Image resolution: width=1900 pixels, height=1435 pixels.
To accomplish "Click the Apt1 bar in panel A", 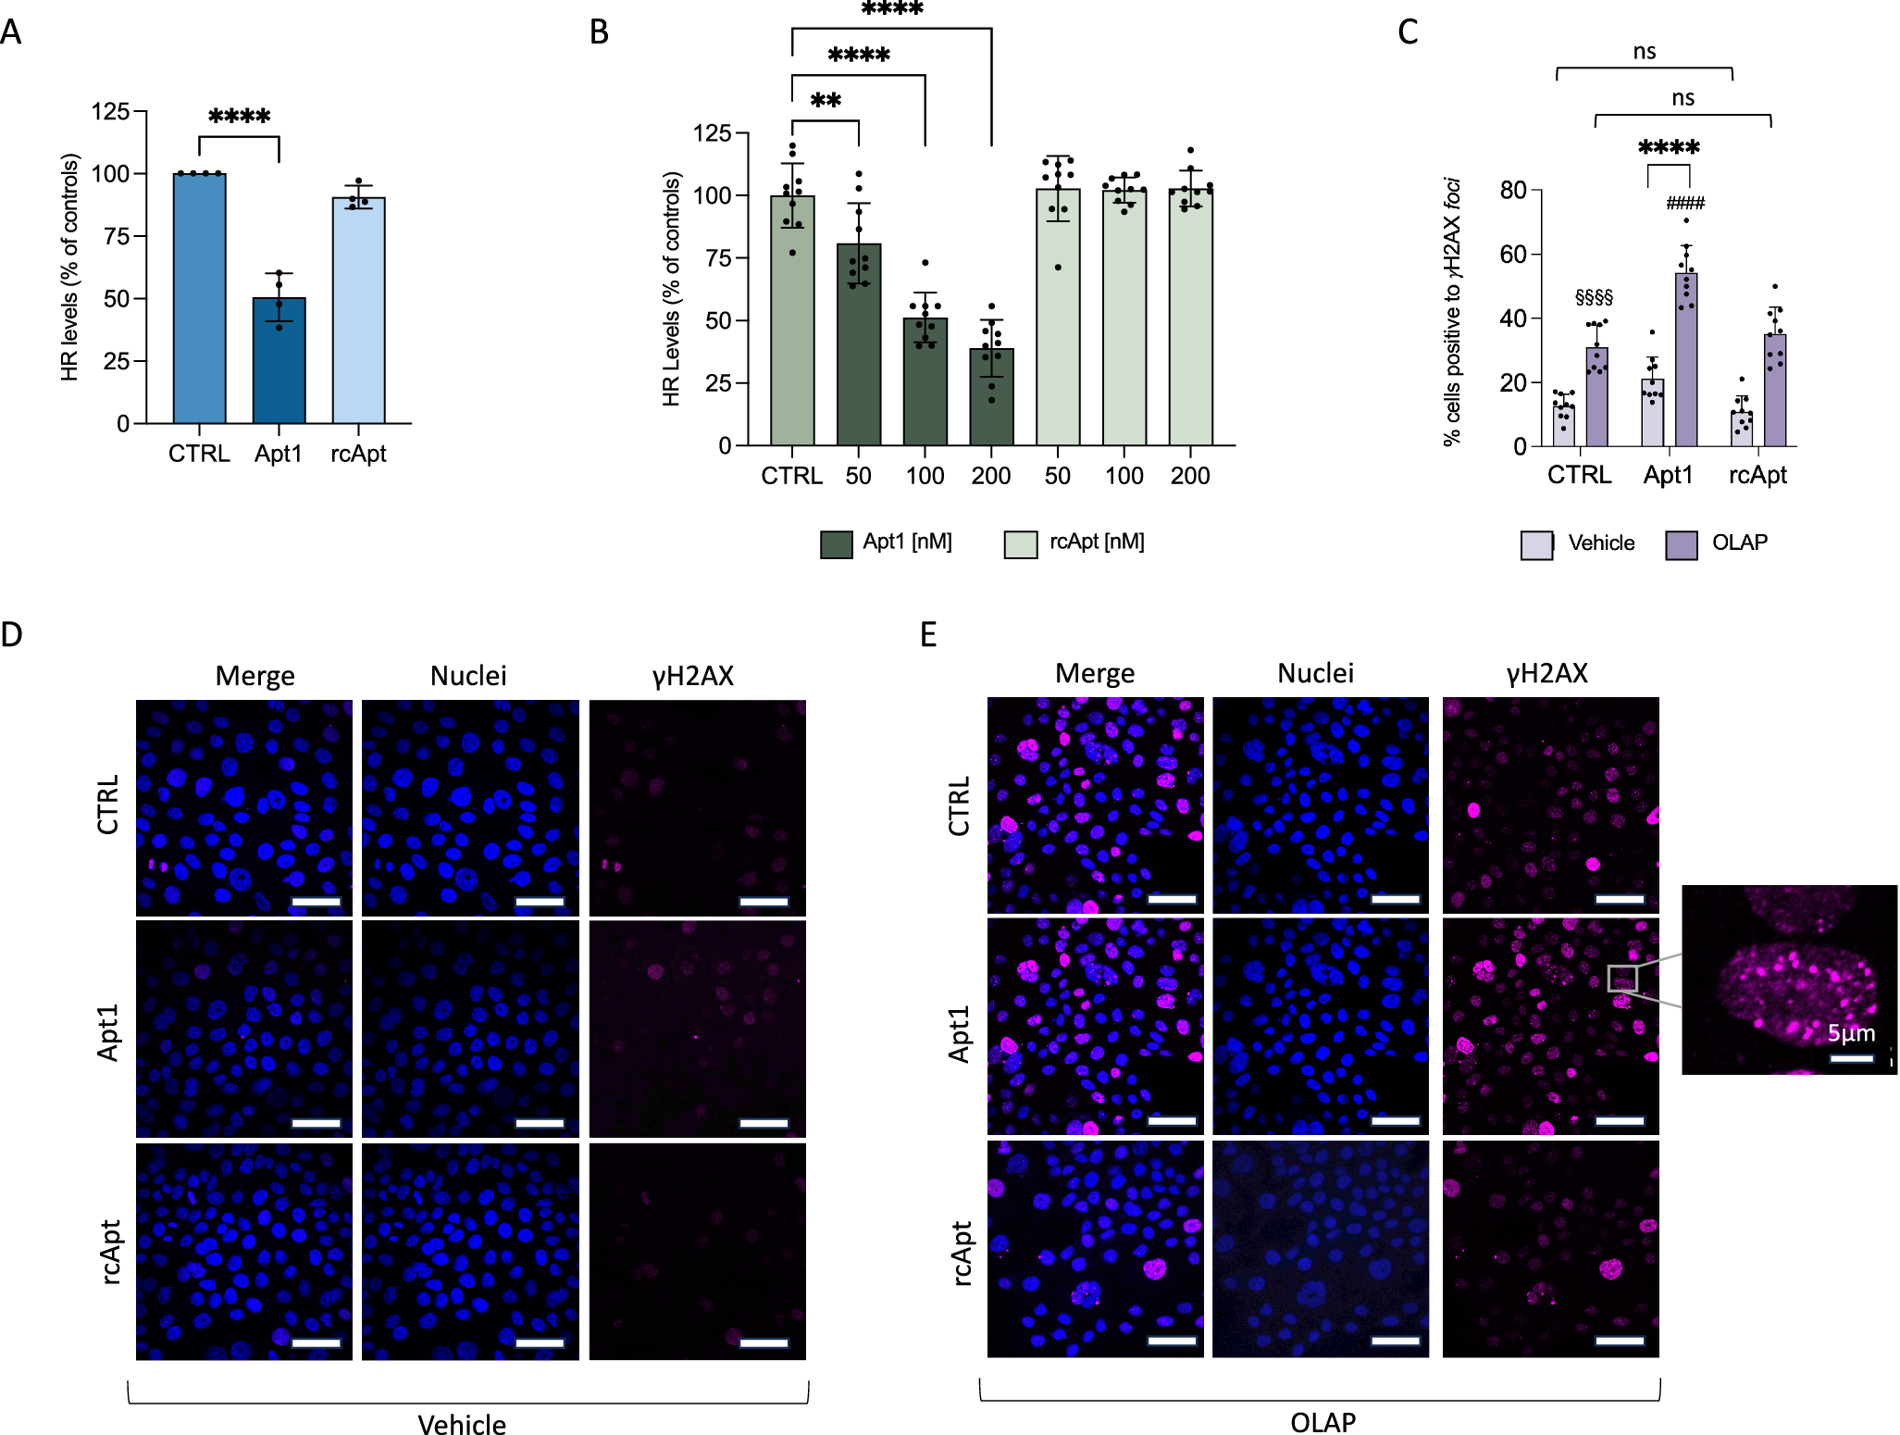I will pos(279,361).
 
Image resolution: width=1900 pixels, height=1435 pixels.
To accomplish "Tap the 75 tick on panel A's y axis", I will pos(117,236).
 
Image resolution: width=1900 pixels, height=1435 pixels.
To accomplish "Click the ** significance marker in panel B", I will pos(826,101).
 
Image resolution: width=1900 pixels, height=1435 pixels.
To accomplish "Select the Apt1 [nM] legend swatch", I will pos(836,544).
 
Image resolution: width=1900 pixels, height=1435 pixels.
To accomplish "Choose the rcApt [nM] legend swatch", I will pos(1020,544).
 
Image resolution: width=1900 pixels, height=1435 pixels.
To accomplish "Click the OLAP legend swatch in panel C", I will pos(1681,545).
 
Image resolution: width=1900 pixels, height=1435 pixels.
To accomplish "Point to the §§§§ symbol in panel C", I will pos(1594,297).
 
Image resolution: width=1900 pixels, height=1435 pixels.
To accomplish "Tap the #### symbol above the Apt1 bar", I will pos(1685,204).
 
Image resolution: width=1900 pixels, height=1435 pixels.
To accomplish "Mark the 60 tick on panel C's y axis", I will pos(1513,254).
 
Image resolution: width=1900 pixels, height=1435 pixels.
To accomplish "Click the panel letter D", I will pos(12,634).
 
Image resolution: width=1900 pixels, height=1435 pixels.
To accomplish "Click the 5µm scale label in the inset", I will pos(1851,1033).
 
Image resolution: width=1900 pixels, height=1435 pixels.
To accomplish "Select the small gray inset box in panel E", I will pos(1622,978).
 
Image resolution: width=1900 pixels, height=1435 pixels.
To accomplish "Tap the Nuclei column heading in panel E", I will pos(1315,673).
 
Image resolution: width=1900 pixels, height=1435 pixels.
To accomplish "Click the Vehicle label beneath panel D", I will pos(462,1424).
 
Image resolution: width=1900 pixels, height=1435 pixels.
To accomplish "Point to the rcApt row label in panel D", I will pos(110,1252).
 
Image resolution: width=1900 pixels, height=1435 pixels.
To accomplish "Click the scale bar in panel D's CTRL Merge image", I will pos(316,901).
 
